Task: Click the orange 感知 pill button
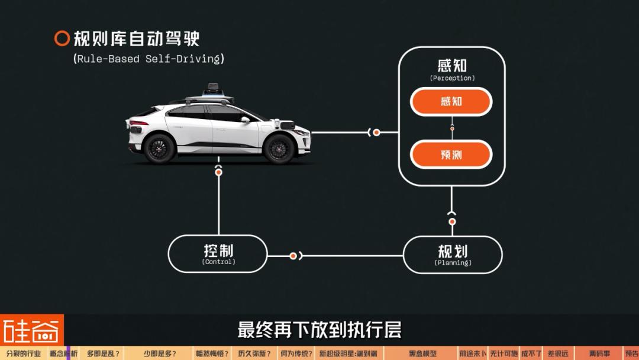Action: click(x=451, y=102)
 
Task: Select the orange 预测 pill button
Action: click(x=451, y=155)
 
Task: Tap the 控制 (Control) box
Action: click(x=218, y=253)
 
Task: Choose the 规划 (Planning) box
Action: click(x=453, y=255)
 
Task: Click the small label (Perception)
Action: click(x=452, y=78)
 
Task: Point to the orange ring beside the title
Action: click(x=62, y=38)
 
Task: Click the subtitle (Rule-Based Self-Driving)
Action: click(x=149, y=59)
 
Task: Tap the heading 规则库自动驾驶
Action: click(x=137, y=38)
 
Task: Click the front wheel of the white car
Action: click(x=279, y=148)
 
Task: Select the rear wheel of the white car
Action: click(x=160, y=147)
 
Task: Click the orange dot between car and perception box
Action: click(x=376, y=133)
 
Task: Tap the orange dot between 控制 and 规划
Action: click(x=293, y=256)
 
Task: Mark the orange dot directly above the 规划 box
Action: click(x=452, y=222)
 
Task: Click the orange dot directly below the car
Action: click(x=219, y=172)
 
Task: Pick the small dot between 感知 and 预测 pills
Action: click(x=452, y=128)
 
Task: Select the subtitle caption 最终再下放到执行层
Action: click(x=319, y=330)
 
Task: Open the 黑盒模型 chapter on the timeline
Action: click(x=422, y=354)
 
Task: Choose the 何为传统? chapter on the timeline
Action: click(x=296, y=354)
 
